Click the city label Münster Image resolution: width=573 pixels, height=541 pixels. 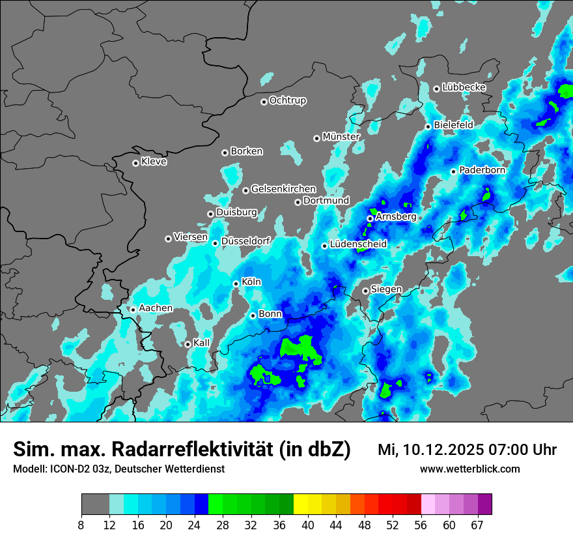tap(341, 137)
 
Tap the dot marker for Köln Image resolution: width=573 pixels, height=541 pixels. tap(236, 284)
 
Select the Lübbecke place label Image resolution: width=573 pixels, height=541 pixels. tap(464, 87)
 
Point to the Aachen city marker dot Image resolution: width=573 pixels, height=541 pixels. tap(133, 310)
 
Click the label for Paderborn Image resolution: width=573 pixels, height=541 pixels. tap(482, 170)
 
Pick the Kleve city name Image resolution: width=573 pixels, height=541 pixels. tap(154, 162)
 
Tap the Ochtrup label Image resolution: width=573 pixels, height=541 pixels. tap(287, 100)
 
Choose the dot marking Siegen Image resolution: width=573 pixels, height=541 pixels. tap(366, 291)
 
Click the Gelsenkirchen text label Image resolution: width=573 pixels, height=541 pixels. tap(283, 189)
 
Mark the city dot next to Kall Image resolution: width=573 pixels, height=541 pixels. tap(188, 344)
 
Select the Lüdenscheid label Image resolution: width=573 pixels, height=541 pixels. tap(358, 244)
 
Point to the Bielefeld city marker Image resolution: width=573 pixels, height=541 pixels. tap(428, 126)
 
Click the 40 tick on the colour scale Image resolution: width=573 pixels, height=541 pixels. tap(308, 524)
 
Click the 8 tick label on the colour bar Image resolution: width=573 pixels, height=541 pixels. tap(81, 524)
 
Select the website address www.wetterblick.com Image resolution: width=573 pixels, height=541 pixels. tap(469, 469)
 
